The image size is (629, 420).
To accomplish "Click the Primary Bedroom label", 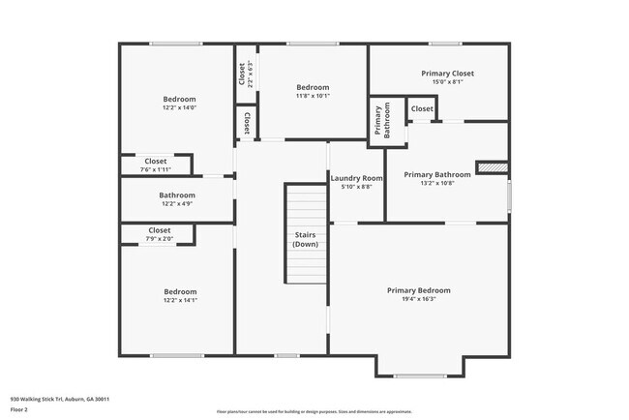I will click(418, 290).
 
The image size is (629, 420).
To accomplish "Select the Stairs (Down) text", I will click(307, 240).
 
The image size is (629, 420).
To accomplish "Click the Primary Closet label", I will click(447, 74).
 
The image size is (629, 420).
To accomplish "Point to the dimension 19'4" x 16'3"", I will click(418, 300).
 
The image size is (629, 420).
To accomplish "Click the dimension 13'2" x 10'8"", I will click(437, 183).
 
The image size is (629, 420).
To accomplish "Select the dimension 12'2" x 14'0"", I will click(179, 108).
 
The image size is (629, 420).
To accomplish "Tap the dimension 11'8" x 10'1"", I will click(313, 96).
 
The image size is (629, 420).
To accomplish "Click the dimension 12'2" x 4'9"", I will click(177, 204).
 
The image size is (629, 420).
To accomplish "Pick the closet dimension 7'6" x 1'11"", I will click(155, 169).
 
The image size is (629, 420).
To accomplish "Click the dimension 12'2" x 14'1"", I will click(180, 301).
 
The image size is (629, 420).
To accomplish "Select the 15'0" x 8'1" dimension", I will click(447, 82).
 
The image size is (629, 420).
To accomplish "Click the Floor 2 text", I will click(20, 410).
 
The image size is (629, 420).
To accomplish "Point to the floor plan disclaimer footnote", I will click(314, 411).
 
